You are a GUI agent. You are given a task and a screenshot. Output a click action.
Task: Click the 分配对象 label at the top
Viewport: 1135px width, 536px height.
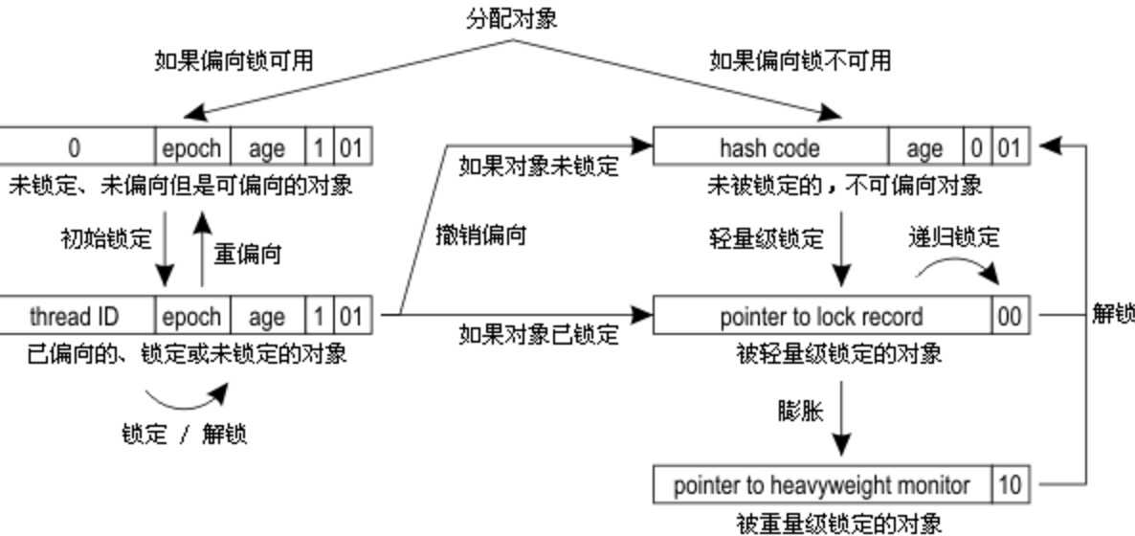[511, 17]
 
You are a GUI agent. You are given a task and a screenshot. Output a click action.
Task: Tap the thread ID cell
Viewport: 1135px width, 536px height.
[74, 316]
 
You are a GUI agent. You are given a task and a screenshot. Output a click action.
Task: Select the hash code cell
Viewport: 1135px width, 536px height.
[769, 148]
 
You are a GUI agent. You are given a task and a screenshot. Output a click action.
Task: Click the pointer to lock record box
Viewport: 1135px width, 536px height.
[821, 317]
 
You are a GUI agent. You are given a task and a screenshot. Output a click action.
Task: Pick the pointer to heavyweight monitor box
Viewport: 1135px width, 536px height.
[821, 485]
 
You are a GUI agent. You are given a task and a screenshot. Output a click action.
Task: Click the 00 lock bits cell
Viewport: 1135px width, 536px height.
[1010, 317]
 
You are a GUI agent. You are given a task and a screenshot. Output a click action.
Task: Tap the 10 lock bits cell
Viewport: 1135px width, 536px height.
[1010, 485]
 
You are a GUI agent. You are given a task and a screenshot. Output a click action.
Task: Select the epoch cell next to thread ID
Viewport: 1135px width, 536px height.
[190, 316]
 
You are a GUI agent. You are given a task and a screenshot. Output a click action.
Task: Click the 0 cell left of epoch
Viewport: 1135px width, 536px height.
[74, 148]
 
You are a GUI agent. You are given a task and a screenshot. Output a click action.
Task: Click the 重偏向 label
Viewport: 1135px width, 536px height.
[247, 255]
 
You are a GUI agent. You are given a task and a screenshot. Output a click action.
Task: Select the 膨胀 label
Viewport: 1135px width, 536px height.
[800, 411]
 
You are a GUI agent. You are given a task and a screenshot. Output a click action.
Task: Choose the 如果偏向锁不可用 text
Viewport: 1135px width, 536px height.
[800, 61]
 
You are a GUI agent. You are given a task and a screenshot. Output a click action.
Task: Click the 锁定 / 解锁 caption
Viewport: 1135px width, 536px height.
[185, 434]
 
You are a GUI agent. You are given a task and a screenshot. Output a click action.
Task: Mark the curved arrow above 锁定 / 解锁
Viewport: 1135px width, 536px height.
[187, 394]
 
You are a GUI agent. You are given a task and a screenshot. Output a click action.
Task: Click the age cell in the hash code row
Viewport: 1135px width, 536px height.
[924, 148]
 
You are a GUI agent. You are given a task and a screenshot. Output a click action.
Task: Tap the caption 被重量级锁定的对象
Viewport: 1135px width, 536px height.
[838, 523]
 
